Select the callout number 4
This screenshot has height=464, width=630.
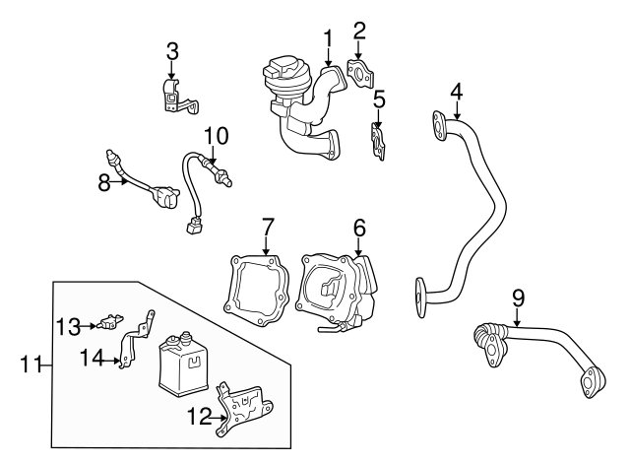point(457,91)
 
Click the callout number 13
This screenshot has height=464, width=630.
point(67,324)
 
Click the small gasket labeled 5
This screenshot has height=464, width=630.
point(377,138)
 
